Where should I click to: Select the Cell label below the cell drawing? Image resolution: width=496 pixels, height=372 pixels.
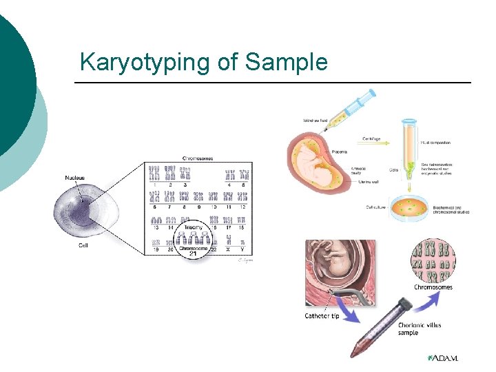(x=82, y=245)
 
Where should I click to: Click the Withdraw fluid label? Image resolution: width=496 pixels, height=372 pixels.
(x=314, y=122)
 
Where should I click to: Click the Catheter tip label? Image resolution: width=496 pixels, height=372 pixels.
(x=321, y=316)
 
